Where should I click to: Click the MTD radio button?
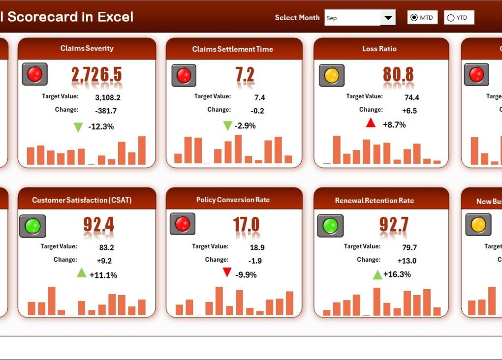coord(414,18)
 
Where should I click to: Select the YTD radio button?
coord(450,18)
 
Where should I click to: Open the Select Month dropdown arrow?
coord(388,18)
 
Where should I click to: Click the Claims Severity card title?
coord(87,48)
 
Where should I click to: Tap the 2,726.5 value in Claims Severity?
coord(96,75)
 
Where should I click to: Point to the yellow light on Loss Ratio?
coord(331,75)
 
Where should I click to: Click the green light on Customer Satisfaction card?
coord(32,226)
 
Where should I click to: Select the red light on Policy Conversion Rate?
coord(183,224)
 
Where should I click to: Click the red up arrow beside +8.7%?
coord(371,123)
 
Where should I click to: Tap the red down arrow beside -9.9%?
coord(227,272)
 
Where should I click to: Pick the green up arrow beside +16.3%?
coord(377,274)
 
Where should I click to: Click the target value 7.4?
coord(259,98)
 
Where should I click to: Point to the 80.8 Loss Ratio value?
coord(398,75)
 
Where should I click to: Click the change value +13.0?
coord(407,261)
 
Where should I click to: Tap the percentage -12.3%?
coord(101,126)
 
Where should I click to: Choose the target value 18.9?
coord(257,247)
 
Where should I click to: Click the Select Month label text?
coord(297,18)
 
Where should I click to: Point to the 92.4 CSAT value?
coord(98,225)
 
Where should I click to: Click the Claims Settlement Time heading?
coord(232,49)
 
